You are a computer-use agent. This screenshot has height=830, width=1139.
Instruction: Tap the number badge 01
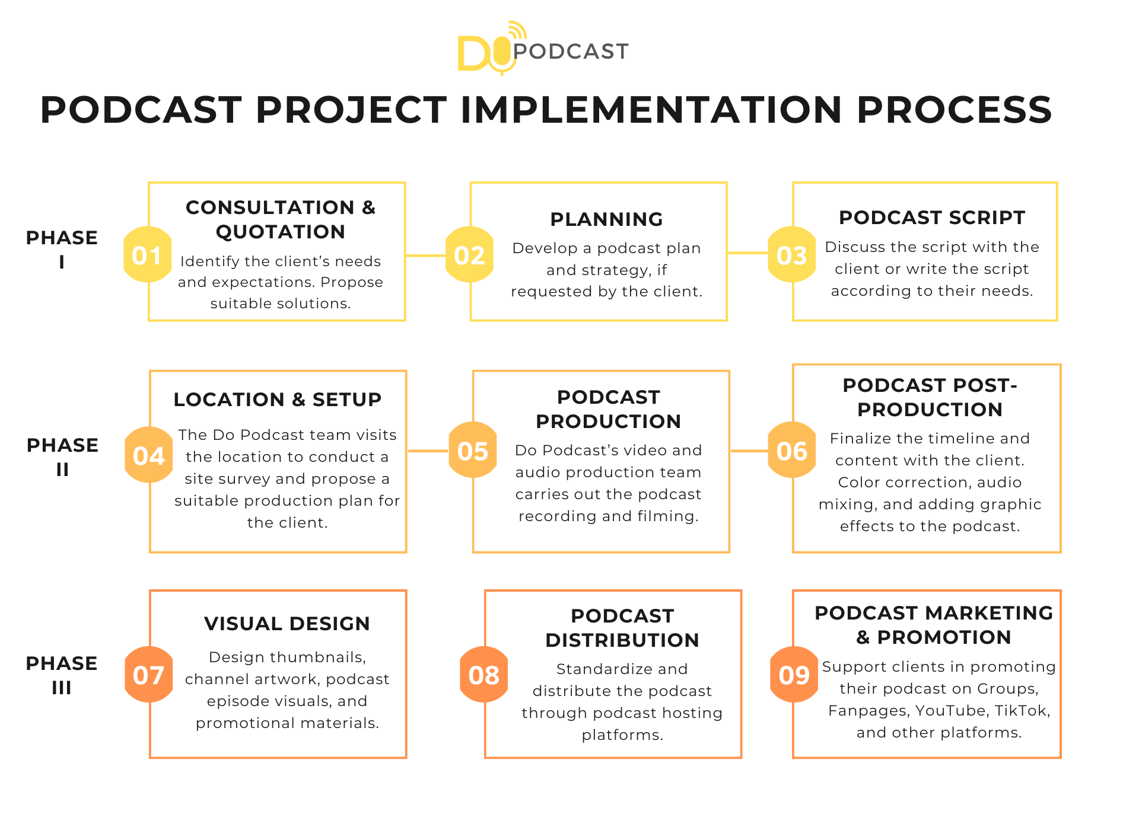coord(147,255)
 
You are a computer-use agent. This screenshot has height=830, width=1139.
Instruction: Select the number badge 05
coord(473,451)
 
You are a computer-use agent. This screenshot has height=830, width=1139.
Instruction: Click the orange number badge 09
coord(794,675)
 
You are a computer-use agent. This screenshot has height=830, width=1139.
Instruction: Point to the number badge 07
coord(149,675)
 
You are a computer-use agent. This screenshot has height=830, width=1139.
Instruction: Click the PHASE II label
coord(62,456)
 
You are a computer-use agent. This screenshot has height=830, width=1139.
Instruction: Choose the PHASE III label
coord(62,675)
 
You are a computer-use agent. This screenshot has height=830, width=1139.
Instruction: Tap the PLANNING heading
coord(606,219)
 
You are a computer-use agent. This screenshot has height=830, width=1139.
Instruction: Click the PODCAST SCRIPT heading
coord(931,218)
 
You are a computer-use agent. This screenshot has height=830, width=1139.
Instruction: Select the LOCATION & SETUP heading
coord(278,400)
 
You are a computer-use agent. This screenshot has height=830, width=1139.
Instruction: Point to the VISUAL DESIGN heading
coord(287,624)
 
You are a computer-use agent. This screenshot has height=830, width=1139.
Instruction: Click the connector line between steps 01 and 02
coord(425,256)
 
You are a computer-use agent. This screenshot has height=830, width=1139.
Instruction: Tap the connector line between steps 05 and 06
coord(749,451)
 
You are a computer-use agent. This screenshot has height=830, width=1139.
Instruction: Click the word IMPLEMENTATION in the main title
coord(651,110)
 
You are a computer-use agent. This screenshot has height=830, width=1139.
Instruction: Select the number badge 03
coord(792,255)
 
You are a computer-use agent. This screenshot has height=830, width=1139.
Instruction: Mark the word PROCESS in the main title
coord(954,110)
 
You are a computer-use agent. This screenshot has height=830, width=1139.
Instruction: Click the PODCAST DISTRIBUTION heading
coord(622,628)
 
